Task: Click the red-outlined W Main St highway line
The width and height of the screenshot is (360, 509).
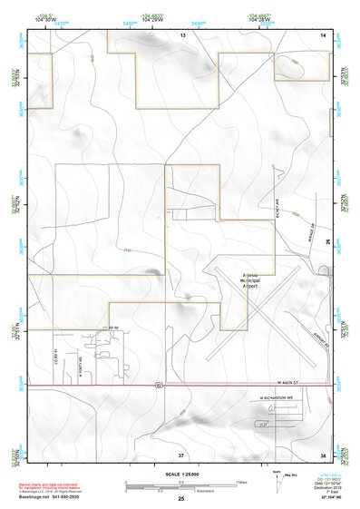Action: click(x=91, y=386)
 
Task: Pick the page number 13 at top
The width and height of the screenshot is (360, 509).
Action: click(x=181, y=34)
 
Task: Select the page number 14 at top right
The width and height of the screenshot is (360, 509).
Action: click(x=322, y=34)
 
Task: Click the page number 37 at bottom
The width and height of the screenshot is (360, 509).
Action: click(x=180, y=454)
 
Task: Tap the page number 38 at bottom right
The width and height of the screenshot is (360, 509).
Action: click(x=322, y=454)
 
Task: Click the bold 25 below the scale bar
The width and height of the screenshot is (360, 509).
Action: click(x=180, y=499)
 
